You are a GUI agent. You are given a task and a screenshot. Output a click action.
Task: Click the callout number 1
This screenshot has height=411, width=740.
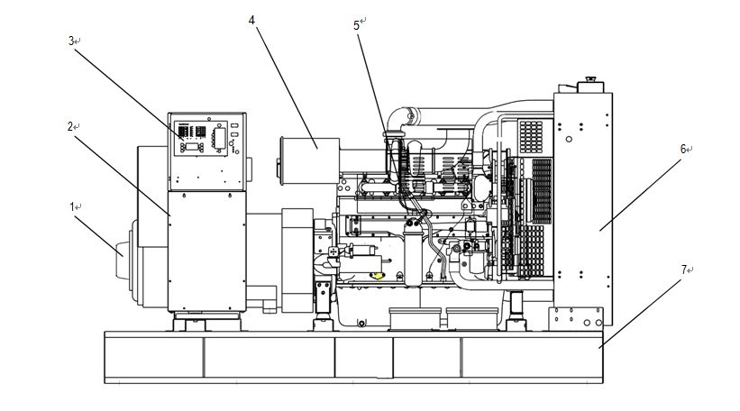point(72,207)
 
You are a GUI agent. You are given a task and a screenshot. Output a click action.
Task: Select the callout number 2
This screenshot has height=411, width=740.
point(69,126)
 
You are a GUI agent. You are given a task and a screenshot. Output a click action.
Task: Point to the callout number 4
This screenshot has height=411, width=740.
point(251,19)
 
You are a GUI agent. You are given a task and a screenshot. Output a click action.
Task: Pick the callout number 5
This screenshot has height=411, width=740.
point(358,25)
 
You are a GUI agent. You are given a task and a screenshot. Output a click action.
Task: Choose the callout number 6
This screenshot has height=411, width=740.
point(684,149)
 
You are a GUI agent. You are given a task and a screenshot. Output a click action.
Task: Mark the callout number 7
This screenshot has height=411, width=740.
point(684,269)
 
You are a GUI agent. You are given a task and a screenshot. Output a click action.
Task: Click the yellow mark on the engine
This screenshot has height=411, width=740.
point(379,276)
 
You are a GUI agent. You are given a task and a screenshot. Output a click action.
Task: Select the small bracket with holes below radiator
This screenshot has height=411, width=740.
point(574,317)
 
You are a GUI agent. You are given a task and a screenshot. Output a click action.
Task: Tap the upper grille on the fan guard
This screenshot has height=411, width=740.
point(532,135)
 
